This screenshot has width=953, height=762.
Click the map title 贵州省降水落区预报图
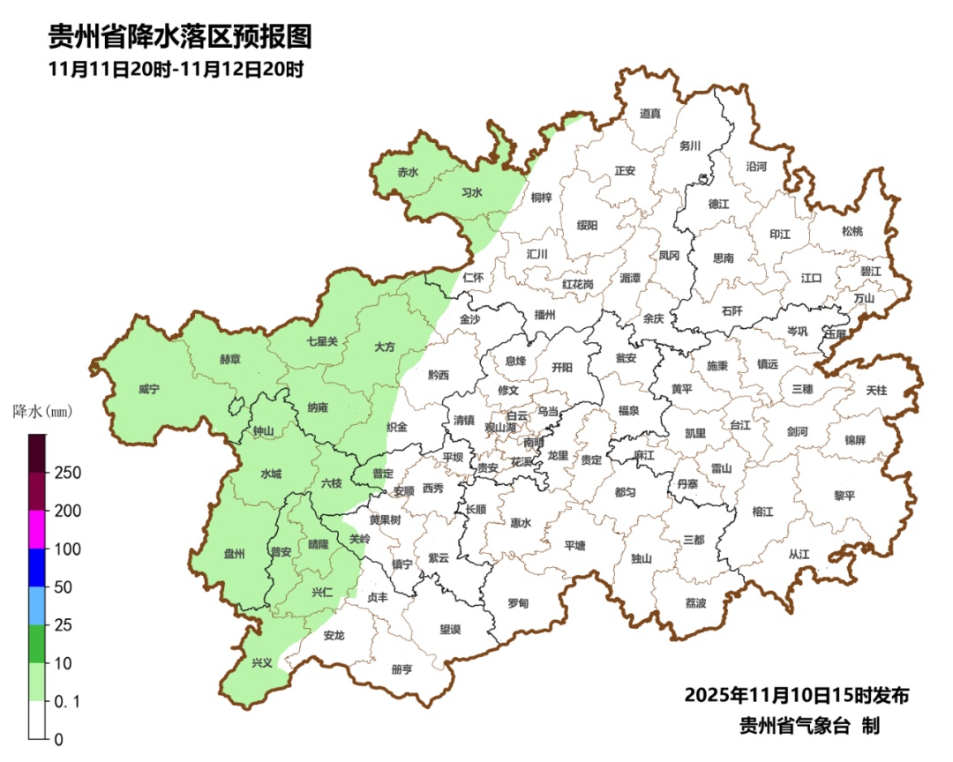(x=180, y=36)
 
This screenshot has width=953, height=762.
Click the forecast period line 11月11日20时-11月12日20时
(x=176, y=70)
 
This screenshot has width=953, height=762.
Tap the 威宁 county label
(x=150, y=389)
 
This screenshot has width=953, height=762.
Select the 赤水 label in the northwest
(x=408, y=173)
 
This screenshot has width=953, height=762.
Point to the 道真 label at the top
(x=650, y=113)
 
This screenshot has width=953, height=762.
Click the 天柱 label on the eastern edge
(x=876, y=389)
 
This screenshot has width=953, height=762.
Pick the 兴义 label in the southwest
(x=262, y=662)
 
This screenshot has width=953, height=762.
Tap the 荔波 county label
(x=695, y=603)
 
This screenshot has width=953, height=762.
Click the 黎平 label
(x=844, y=496)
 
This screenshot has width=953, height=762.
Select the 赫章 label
(x=230, y=359)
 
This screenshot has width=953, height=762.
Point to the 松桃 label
(x=852, y=231)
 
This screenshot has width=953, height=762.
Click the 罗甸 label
(x=518, y=603)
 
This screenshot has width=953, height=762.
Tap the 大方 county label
(x=384, y=347)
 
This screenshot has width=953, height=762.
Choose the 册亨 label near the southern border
(x=401, y=669)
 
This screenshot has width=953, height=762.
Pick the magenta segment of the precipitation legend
(x=38, y=529)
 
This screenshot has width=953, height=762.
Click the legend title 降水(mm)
(x=41, y=411)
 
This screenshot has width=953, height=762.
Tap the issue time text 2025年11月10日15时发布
(x=796, y=695)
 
